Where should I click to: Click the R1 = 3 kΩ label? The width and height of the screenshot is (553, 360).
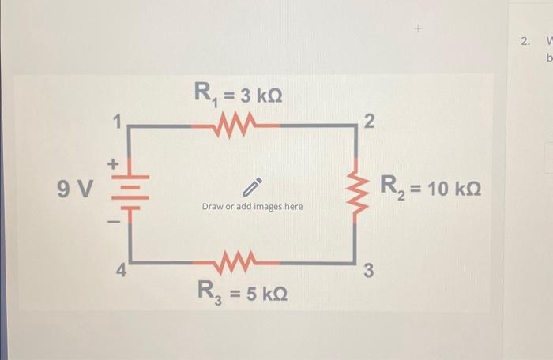(x=238, y=95)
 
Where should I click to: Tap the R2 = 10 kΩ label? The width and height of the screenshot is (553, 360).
(x=431, y=188)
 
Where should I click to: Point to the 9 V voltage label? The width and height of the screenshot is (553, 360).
(x=76, y=189)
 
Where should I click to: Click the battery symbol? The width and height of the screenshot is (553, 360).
(x=129, y=190)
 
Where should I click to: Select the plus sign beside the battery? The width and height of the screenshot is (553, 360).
(x=112, y=165)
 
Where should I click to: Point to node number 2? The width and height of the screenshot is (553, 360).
(x=369, y=121)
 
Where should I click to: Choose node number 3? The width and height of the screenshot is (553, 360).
(x=369, y=273)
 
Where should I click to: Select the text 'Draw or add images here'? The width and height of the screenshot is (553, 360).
(x=252, y=207)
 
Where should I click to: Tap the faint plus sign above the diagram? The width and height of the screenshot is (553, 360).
(x=419, y=29)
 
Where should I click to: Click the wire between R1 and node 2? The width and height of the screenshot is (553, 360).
(x=312, y=125)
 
